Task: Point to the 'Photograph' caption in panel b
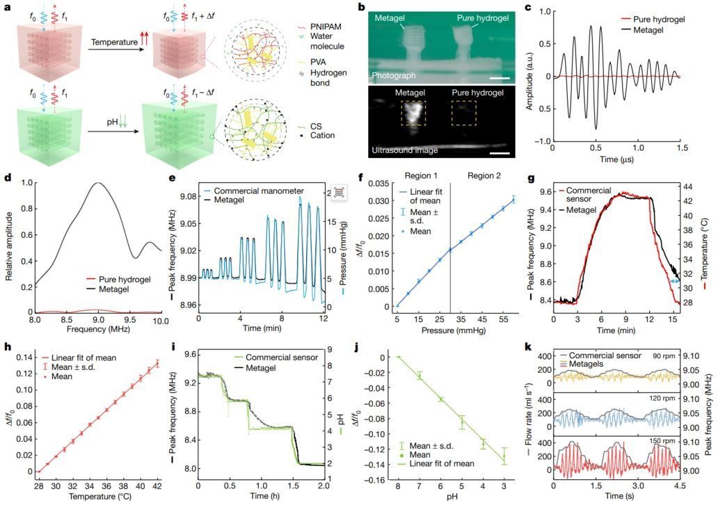click(x=399, y=73)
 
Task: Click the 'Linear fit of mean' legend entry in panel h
click(x=87, y=358)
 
